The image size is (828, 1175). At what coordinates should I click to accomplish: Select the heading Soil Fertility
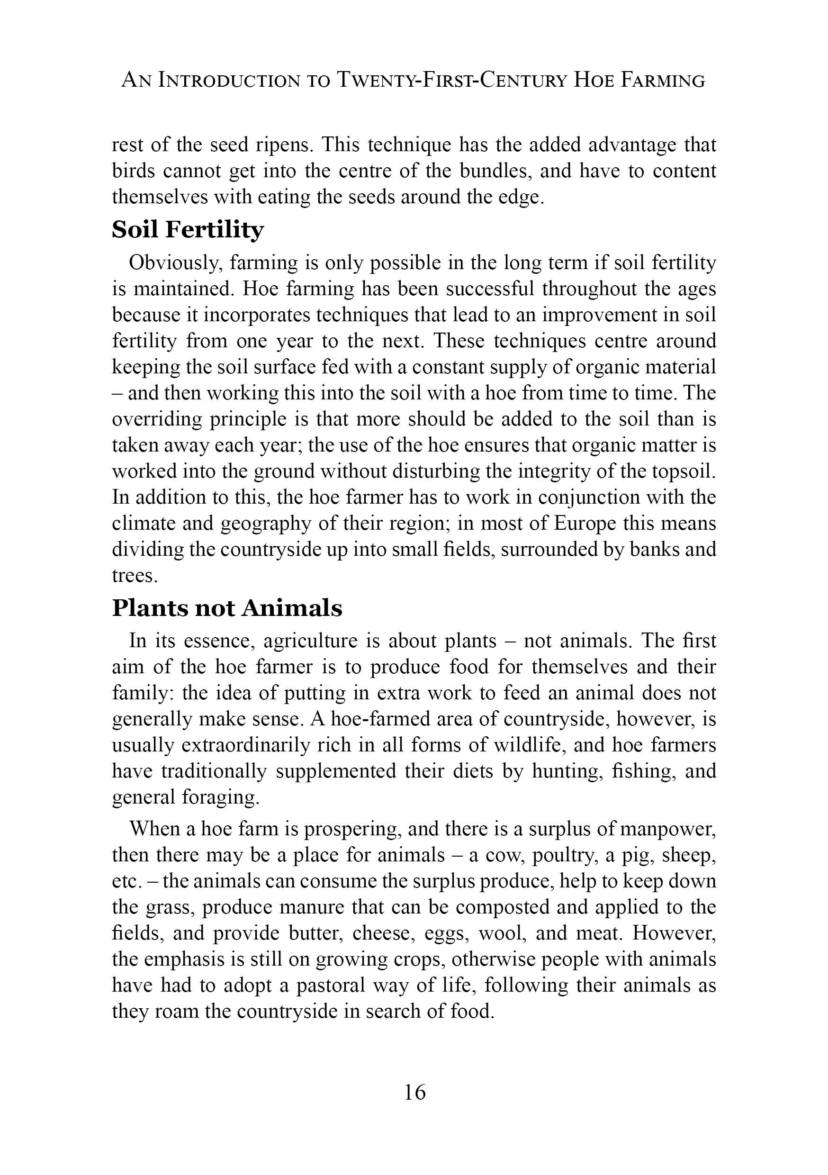point(188,230)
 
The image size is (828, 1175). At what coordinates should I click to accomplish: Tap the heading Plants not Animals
point(227,608)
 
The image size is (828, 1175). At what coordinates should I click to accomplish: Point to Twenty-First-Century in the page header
point(451,81)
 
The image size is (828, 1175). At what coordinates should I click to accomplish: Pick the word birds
point(133,171)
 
